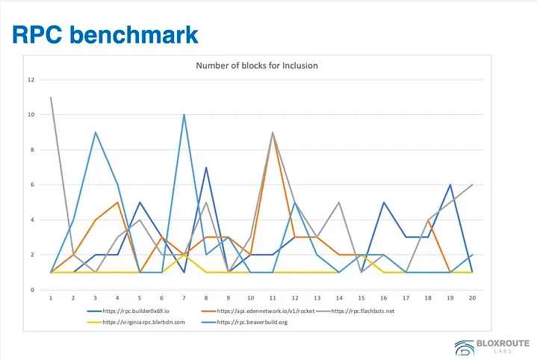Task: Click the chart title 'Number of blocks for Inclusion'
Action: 256,66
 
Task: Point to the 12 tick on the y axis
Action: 31,80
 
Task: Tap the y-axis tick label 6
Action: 32,184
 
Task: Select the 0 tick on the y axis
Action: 32,290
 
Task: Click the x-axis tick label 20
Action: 472,297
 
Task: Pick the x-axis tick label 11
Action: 274,297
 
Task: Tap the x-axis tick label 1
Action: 52,297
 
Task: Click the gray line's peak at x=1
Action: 52,97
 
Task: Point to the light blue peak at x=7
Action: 184,115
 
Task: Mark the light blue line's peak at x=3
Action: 96,132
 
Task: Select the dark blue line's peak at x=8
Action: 206,167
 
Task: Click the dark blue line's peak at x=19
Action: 450,184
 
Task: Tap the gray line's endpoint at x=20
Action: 472,184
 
